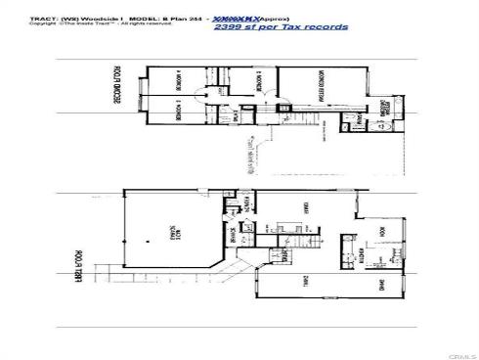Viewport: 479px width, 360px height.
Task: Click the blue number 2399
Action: tap(226, 26)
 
